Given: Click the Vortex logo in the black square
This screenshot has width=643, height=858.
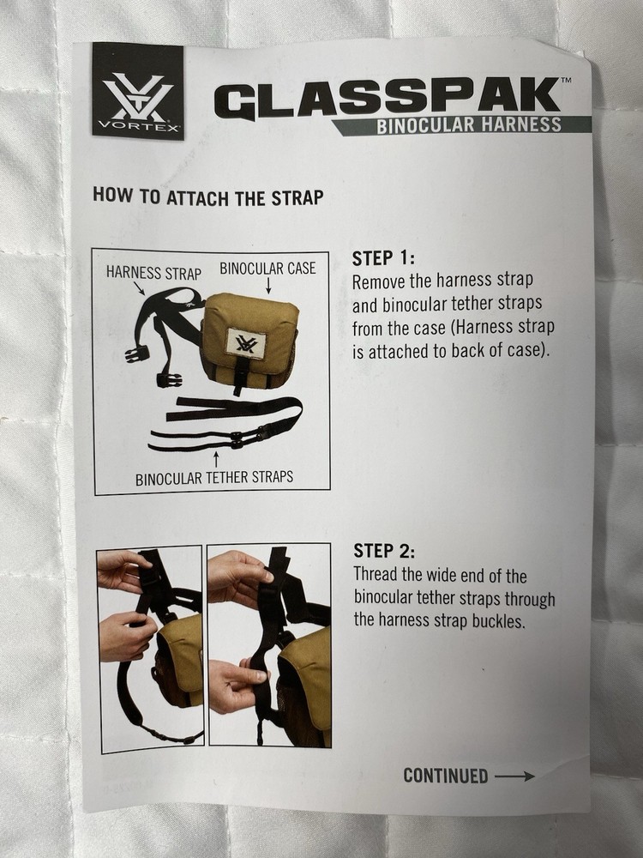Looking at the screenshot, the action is point(138,91).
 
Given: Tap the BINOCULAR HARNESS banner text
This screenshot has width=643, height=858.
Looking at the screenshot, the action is point(469,125).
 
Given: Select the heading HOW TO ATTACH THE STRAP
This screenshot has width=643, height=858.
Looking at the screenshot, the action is point(207,197).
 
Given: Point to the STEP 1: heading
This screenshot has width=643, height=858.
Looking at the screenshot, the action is point(383,257).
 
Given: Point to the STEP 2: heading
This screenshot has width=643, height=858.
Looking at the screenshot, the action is point(384,551).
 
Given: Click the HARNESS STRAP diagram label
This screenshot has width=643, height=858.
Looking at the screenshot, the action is point(153,273).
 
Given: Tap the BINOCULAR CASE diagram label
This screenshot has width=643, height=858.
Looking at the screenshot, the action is point(267,268).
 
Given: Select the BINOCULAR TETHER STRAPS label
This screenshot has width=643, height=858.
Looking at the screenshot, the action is point(214,478).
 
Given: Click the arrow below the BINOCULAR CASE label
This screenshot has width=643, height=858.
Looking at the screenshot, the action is point(268,285).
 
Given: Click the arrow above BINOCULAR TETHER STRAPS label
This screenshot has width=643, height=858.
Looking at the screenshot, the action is point(217,461).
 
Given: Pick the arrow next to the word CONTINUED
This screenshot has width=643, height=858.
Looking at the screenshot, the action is point(514,776).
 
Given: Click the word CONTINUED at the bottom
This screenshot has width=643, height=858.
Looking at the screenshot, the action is point(446,776).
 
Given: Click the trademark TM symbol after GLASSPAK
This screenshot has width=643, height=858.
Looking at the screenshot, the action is point(567,80).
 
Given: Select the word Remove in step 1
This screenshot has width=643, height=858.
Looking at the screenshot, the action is point(380,281).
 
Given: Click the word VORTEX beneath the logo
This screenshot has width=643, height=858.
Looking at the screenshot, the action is point(138,128).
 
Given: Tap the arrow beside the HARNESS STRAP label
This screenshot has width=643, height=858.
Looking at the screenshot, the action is point(139,288).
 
